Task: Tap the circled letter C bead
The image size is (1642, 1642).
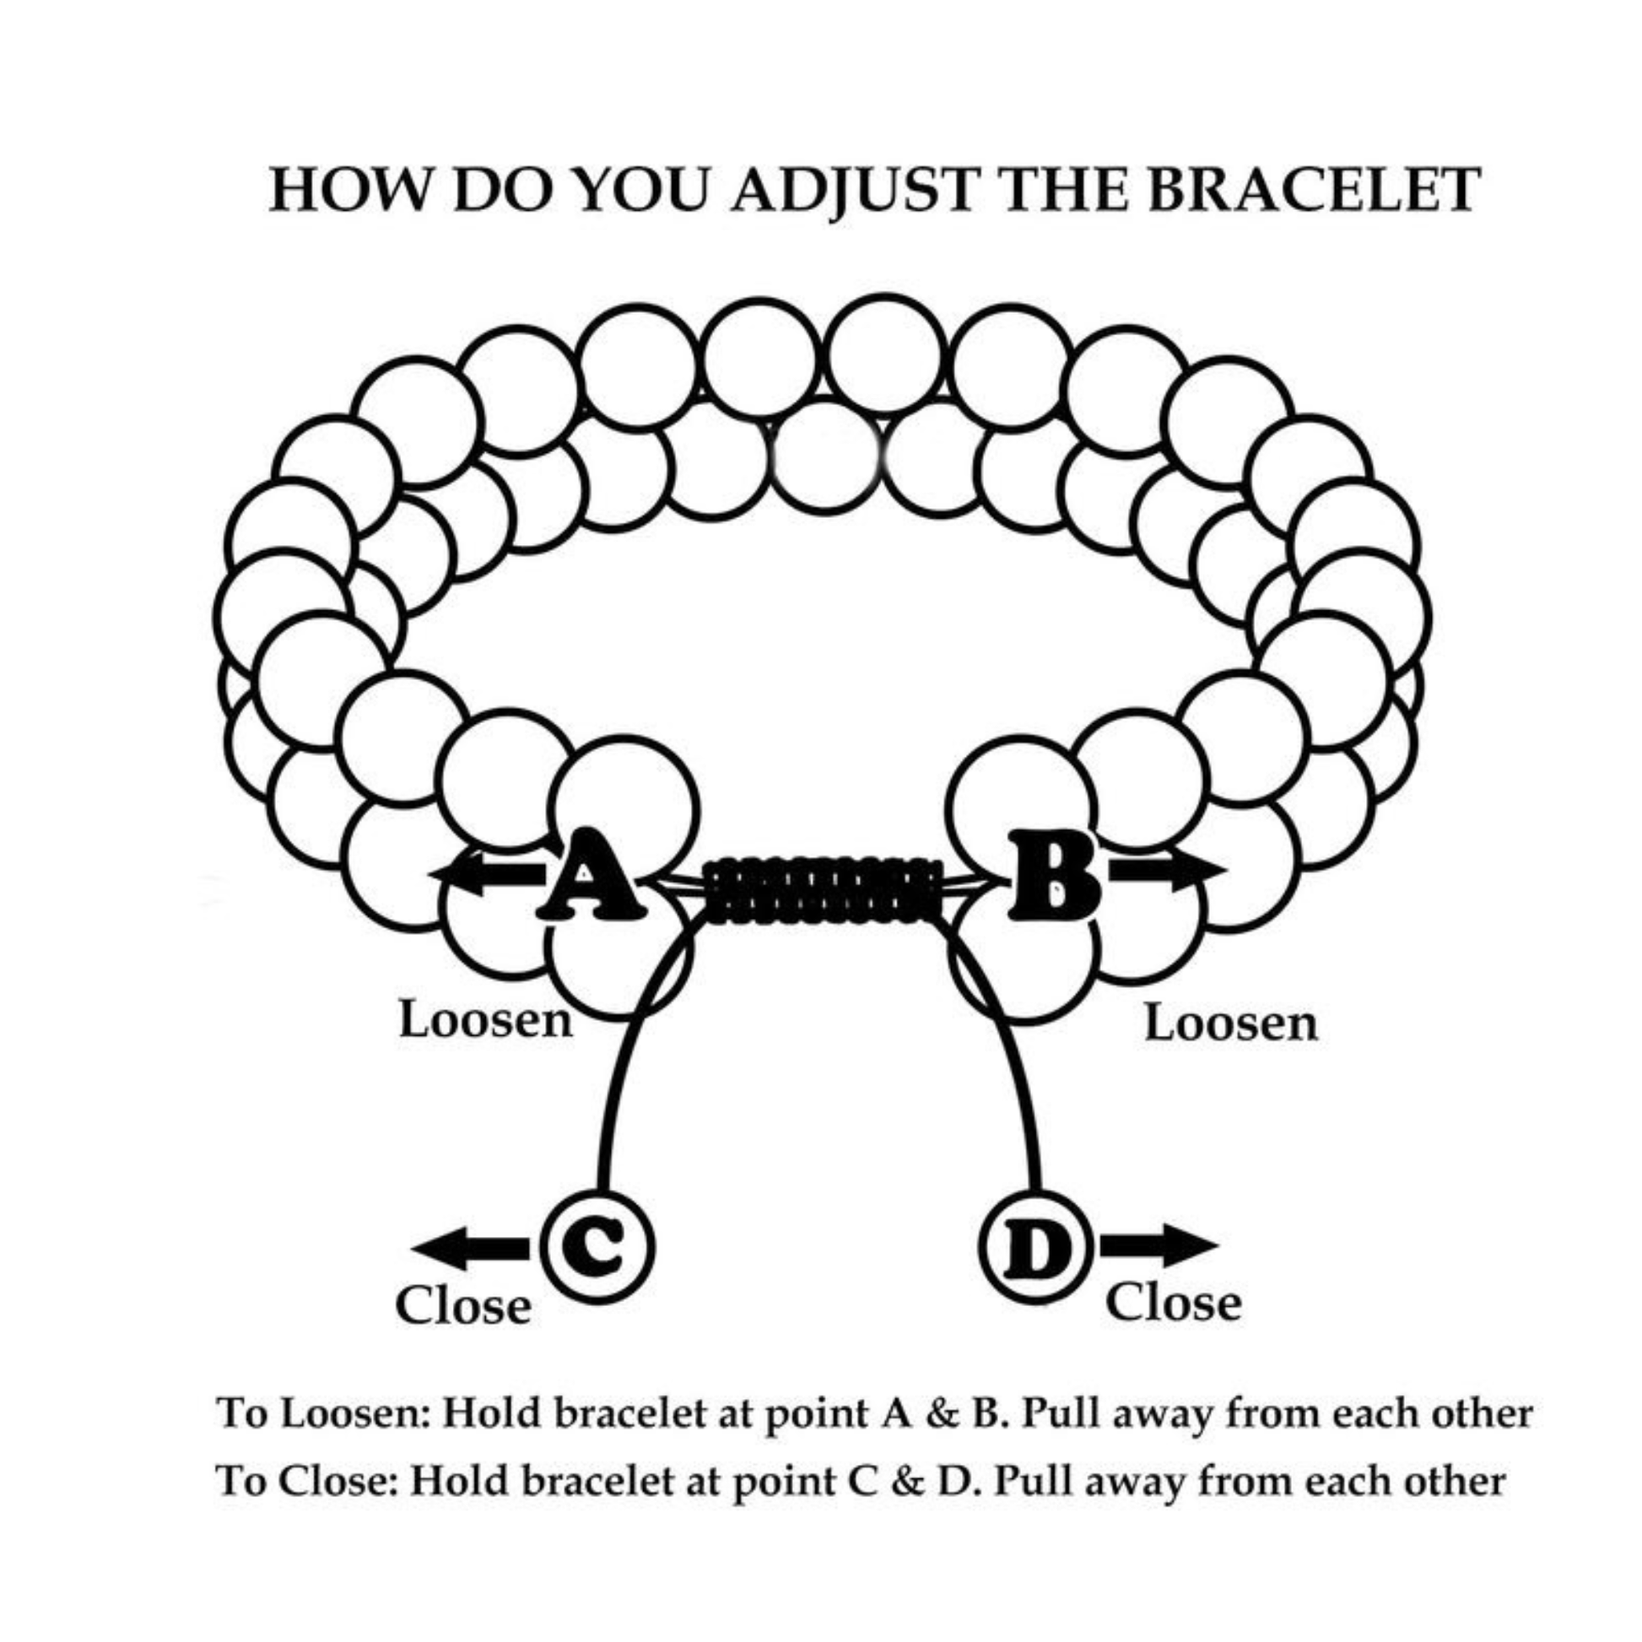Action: [x=598, y=1249]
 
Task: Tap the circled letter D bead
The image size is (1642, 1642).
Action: [x=1036, y=1249]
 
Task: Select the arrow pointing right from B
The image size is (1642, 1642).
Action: [x=1168, y=871]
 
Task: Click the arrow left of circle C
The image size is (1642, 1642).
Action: [x=470, y=1249]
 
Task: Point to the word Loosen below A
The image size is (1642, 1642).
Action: [x=485, y=1021]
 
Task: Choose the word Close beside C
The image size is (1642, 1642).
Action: [x=463, y=1306]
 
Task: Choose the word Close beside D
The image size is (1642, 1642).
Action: [x=1173, y=1303]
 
